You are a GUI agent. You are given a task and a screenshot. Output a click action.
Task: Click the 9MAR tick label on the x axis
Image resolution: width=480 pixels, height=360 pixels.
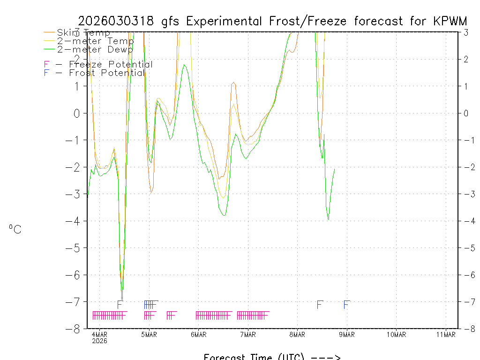(347, 334)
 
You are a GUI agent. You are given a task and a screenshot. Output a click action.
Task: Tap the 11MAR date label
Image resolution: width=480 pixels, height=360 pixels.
(446, 334)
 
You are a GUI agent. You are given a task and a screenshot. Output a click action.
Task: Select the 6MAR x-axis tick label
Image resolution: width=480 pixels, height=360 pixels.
(198, 334)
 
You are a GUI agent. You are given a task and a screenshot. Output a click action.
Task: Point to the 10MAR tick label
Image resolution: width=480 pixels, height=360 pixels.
(396, 334)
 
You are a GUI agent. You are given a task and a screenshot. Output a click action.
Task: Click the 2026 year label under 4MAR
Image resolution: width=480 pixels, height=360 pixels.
(99, 341)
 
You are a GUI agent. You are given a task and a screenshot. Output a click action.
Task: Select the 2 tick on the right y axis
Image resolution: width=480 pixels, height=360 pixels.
(466, 59)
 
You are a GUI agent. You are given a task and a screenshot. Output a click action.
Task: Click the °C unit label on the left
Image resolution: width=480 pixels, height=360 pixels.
(15, 230)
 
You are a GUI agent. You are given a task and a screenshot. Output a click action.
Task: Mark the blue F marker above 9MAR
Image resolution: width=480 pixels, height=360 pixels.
(346, 305)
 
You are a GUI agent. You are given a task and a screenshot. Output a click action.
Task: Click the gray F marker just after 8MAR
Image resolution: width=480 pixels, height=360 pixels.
(320, 305)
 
